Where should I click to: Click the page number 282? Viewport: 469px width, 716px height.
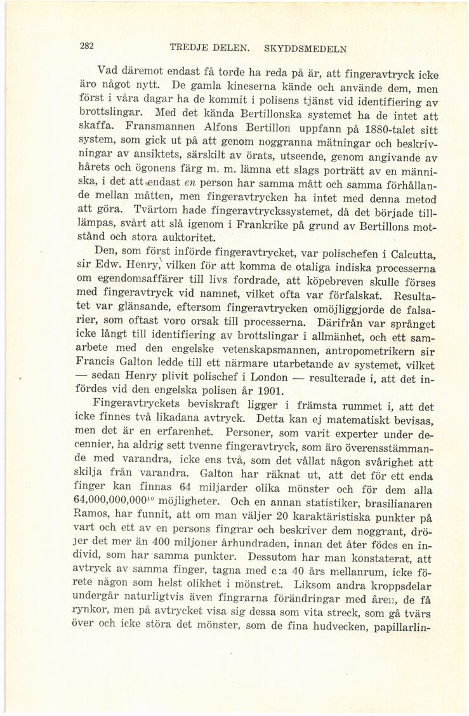coord(87,46)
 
